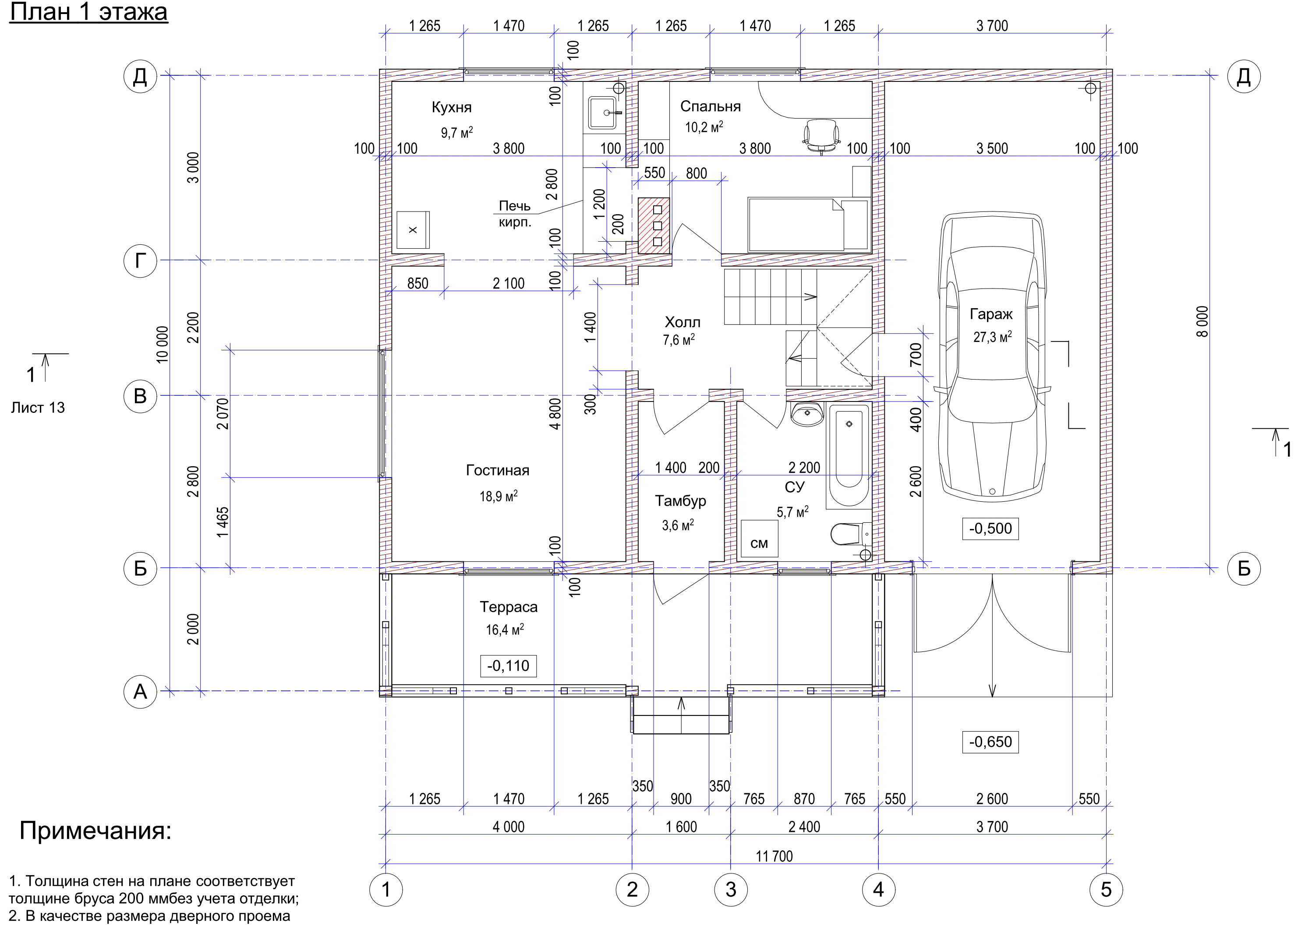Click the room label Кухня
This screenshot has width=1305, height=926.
pos(451,107)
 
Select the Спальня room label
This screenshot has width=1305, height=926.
pos(710,107)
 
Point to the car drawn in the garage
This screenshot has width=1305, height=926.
pos(992,357)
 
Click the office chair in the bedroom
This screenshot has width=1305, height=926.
pos(821,136)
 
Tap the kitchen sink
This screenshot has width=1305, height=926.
pos(604,113)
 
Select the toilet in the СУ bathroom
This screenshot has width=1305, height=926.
pos(850,534)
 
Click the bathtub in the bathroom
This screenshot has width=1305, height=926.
pos(849,455)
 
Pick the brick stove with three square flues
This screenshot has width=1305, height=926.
pos(654,225)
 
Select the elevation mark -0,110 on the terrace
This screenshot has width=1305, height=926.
pos(508,665)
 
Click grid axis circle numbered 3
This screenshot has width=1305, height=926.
pos(731,889)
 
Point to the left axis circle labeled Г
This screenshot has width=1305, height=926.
pos(140,261)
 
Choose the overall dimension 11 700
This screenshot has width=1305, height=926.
pos(774,856)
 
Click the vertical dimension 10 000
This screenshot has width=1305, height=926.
pos(163,345)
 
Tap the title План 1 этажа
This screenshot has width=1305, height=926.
pos(88,12)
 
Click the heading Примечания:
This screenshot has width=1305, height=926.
pos(95,831)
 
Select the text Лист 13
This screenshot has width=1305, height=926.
pos(38,408)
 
